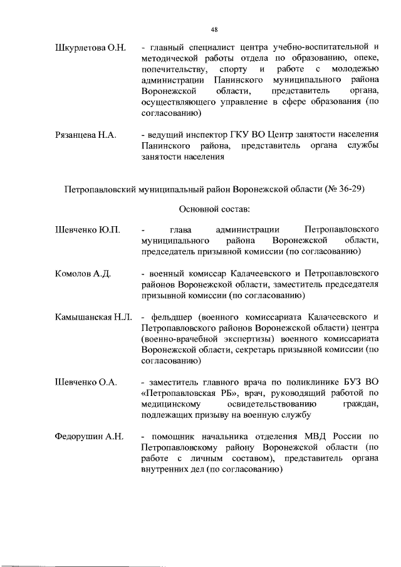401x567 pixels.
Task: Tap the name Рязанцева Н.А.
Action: (87, 135)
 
